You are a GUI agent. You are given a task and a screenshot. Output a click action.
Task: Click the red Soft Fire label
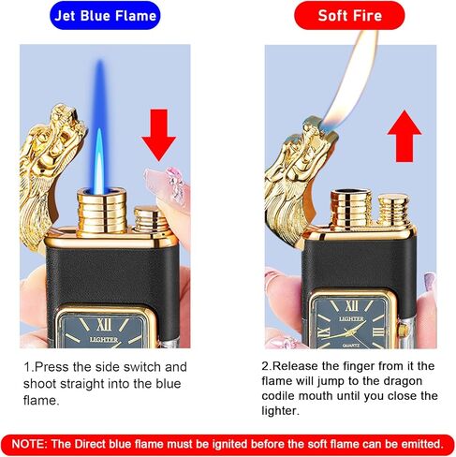point(348,16)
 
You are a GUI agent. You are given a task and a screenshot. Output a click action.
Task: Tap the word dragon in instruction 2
point(409,381)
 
